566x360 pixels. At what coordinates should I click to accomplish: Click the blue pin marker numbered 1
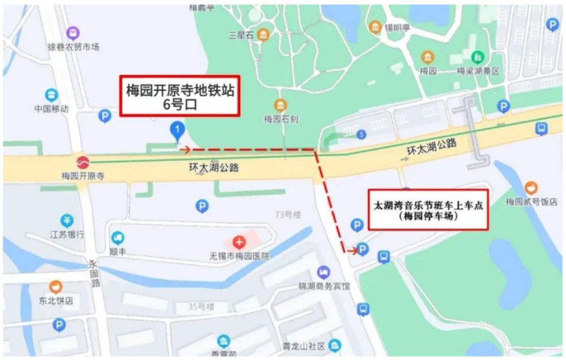(x=176, y=130)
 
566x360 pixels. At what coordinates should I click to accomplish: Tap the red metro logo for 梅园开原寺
(x=82, y=161)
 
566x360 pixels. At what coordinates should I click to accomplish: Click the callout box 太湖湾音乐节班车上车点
(x=429, y=209)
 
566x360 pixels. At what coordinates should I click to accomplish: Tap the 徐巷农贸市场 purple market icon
(x=73, y=33)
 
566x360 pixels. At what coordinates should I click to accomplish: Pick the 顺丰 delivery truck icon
(x=118, y=238)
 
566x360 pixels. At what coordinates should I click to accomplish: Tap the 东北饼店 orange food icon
(x=56, y=287)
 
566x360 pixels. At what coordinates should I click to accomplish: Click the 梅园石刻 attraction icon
(x=281, y=105)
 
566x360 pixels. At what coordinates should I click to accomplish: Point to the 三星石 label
(x=241, y=35)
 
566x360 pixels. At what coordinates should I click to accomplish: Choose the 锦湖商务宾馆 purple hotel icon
(x=323, y=273)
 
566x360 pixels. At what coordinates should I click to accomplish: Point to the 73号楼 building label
(x=289, y=214)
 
